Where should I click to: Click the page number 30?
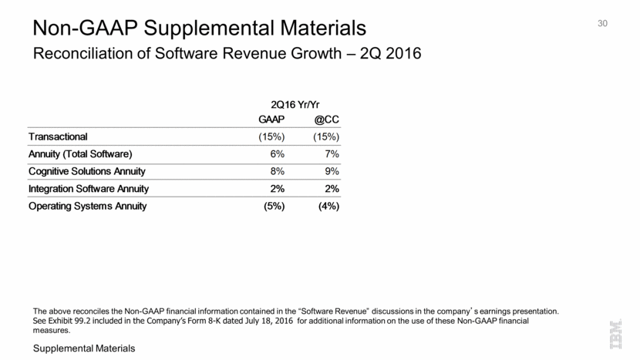click(603, 24)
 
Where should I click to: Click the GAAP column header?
click(271, 120)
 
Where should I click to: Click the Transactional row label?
click(59, 136)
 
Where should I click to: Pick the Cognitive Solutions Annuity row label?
click(87, 171)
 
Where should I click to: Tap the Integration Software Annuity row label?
click(89, 188)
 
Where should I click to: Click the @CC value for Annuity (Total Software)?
click(330, 153)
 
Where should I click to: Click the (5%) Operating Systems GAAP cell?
click(273, 206)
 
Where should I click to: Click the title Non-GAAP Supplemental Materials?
click(200, 29)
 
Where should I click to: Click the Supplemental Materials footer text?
click(84, 349)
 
